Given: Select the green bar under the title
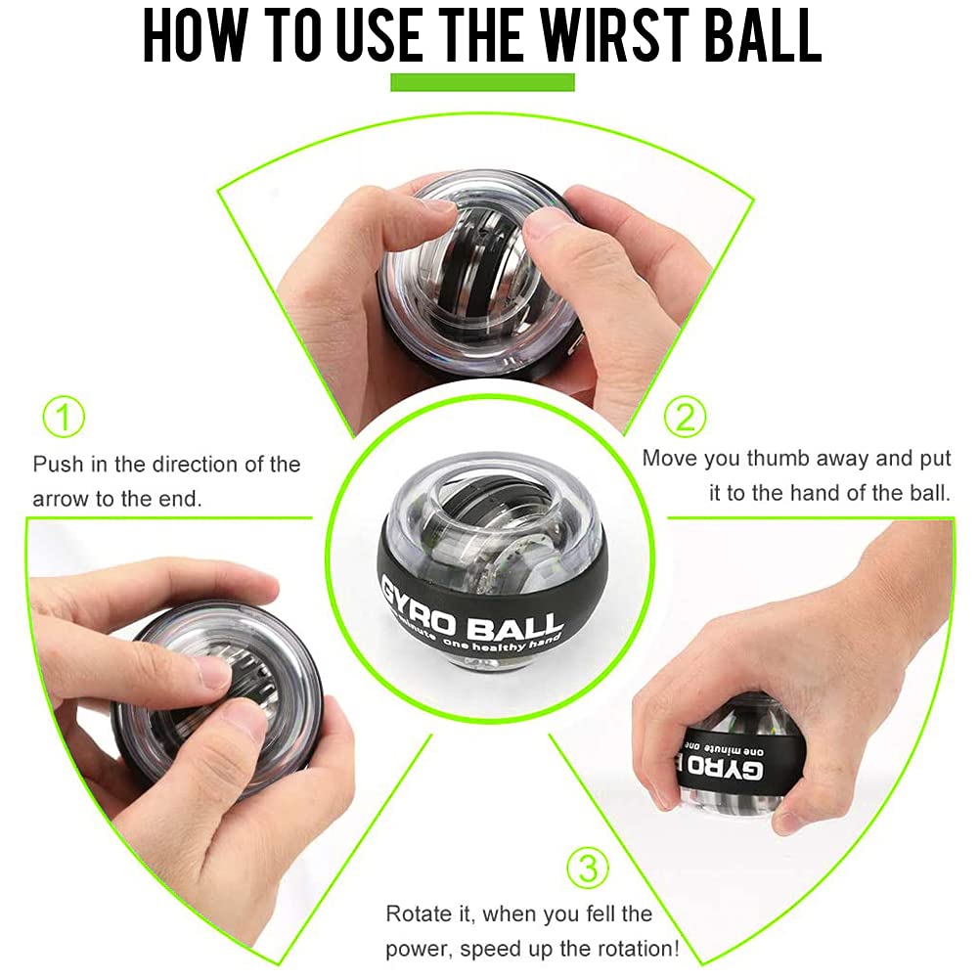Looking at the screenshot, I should [x=482, y=82].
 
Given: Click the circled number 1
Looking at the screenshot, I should [x=64, y=418].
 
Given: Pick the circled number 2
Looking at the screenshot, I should [x=685, y=417].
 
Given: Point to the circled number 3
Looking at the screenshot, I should [x=587, y=867].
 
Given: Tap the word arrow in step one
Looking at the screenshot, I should [x=63, y=499].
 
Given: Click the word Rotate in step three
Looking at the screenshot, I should [x=417, y=914].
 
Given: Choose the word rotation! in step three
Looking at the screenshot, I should [x=633, y=949].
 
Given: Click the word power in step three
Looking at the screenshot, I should [x=420, y=949].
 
